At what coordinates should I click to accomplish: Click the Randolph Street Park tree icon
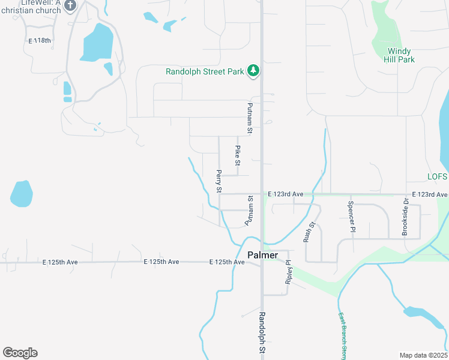point(254,71)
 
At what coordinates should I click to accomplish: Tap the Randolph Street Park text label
point(205,72)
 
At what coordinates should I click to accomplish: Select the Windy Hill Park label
point(399,55)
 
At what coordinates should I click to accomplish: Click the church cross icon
point(70,6)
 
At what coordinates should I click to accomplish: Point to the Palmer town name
point(262,255)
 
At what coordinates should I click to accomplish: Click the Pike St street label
point(238,155)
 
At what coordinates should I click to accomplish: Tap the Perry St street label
point(219,181)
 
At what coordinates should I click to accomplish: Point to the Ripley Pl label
point(288,272)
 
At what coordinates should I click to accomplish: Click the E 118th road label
point(41,41)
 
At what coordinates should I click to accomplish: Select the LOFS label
point(438,177)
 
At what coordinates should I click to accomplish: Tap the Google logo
point(20,353)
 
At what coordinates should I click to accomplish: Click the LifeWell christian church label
point(37,7)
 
